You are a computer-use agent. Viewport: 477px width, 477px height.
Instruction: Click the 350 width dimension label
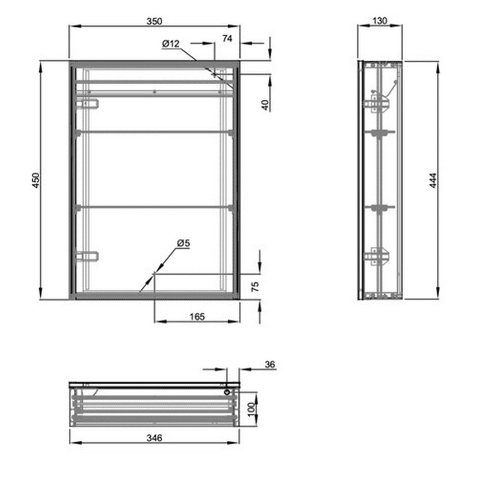pyautogui.click(x=154, y=21)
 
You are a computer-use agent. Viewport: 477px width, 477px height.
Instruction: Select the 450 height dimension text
pyautogui.click(x=36, y=180)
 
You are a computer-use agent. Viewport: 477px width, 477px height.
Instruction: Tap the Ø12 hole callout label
pyautogui.click(x=171, y=44)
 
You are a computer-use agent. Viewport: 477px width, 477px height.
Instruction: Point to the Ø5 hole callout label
pyautogui.click(x=183, y=244)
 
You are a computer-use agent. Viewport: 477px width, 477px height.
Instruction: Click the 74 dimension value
pyautogui.click(x=227, y=38)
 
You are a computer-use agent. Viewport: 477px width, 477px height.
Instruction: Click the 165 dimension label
pyautogui.click(x=197, y=316)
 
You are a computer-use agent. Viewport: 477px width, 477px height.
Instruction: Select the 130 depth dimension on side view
pyautogui.click(x=379, y=21)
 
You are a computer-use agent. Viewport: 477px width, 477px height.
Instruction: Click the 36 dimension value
pyautogui.click(x=270, y=365)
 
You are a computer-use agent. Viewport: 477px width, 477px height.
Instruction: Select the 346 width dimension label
pyautogui.click(x=154, y=438)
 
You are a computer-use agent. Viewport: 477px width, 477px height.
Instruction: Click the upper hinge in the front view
pyautogui.click(x=88, y=104)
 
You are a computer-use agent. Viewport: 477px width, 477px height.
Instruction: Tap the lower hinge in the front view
pyautogui.click(x=88, y=257)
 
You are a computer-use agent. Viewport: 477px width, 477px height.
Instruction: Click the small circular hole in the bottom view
pyautogui.click(x=227, y=392)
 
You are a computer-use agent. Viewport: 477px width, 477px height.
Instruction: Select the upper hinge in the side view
pyautogui.click(x=376, y=105)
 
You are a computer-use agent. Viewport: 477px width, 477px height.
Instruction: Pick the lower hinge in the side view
pyautogui.click(x=376, y=256)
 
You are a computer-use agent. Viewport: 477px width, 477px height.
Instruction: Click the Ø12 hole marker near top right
pyautogui.click(x=215, y=74)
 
